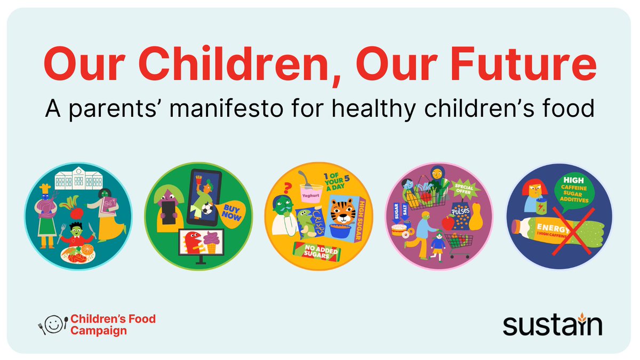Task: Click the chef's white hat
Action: pos(45,187)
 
